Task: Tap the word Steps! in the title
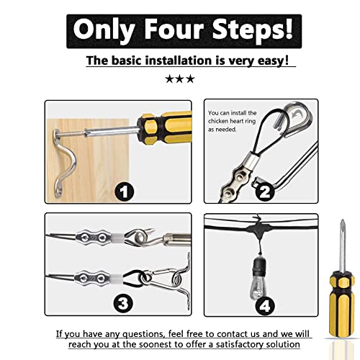point(253,31)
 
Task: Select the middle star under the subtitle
point(180,79)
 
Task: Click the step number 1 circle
point(124,192)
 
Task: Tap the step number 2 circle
point(265,192)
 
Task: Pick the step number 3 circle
point(123,303)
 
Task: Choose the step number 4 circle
point(265,305)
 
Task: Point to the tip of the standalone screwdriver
point(343,220)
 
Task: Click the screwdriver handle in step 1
point(164,127)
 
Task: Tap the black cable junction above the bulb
point(259,228)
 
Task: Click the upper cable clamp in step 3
point(94,238)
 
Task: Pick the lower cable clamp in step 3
point(92,279)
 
